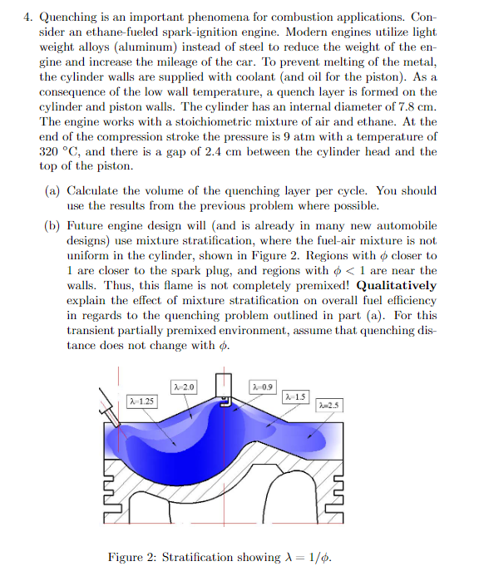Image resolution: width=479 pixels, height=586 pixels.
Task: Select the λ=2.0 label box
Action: pos(184,387)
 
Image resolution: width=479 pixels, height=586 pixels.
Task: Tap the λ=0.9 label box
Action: pos(262,387)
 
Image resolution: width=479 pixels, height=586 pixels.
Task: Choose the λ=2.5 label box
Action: pos(329,405)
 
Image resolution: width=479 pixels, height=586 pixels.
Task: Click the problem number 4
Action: pos(27,16)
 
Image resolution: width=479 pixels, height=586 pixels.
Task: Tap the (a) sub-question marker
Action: pos(52,190)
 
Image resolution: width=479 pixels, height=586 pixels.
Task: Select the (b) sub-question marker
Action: pos(52,224)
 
